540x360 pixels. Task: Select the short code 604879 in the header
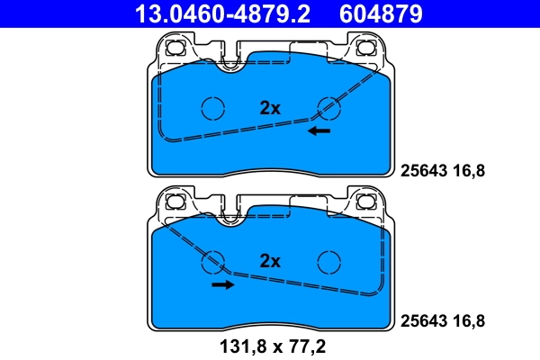point(379,13)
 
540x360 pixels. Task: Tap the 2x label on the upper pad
point(270,108)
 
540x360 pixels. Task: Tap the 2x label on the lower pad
point(270,262)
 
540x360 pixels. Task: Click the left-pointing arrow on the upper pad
point(318,131)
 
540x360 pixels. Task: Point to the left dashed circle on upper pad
point(212,108)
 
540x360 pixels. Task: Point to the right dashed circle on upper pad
point(329,108)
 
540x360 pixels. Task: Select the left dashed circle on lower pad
point(212,262)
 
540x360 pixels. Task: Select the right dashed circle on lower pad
point(329,262)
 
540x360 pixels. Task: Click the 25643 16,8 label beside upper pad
point(442,168)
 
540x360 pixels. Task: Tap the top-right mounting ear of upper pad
point(367,48)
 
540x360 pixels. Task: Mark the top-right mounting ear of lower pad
point(367,202)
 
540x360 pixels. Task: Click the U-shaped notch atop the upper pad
point(232,62)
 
